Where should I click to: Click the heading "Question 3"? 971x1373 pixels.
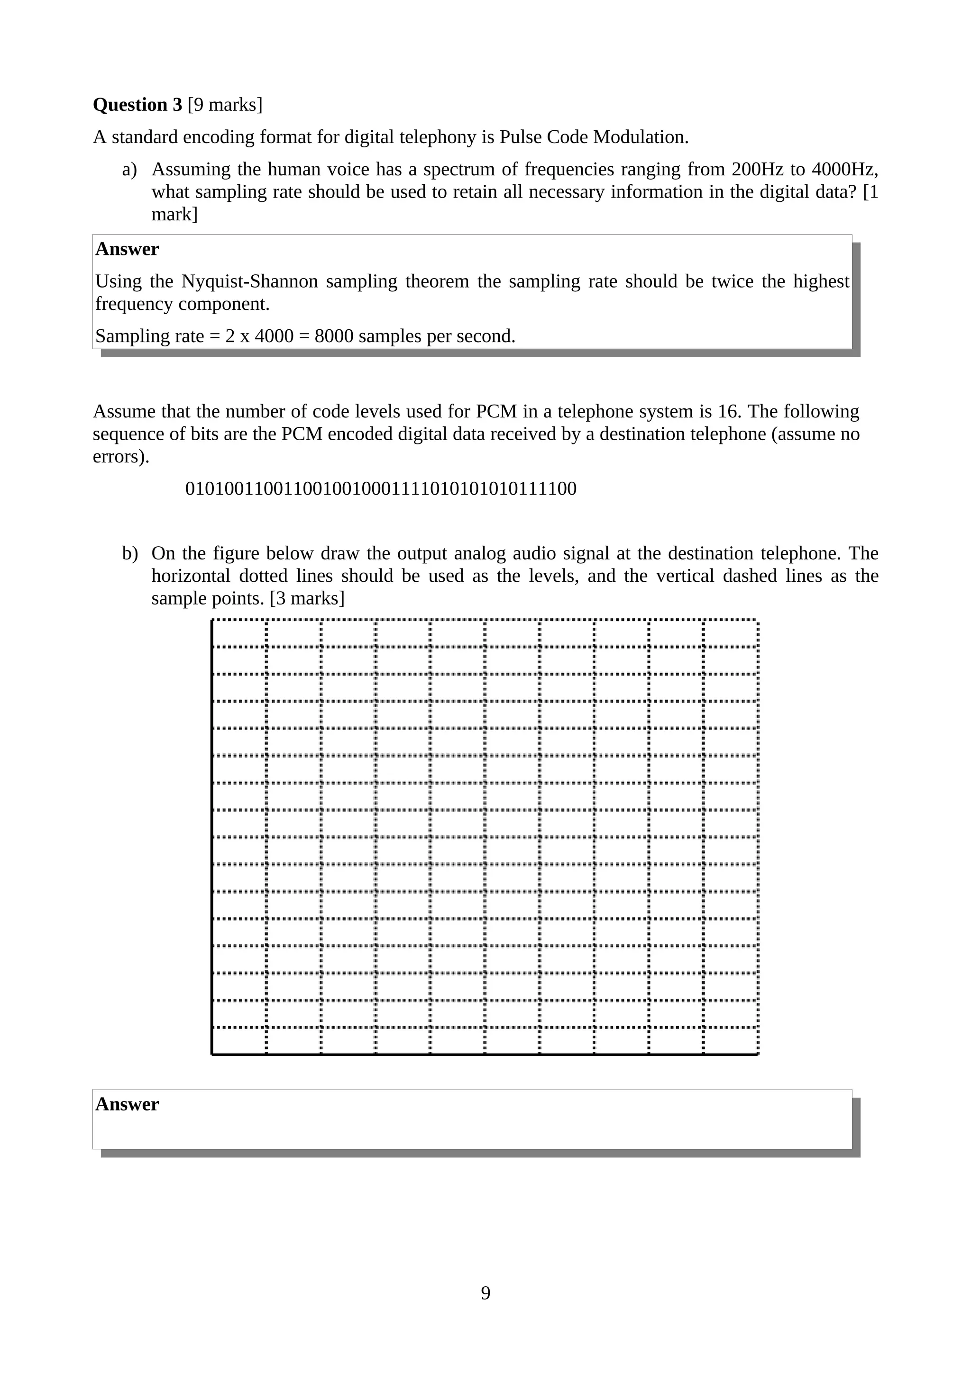[x=137, y=105]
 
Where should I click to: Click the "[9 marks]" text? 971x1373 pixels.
[x=225, y=105]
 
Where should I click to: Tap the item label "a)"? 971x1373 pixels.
[x=129, y=169]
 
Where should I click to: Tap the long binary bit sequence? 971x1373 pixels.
[x=381, y=488]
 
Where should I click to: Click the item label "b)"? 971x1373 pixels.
[x=130, y=553]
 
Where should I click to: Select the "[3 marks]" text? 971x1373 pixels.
[x=307, y=598]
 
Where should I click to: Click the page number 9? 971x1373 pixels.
[x=485, y=1293]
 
